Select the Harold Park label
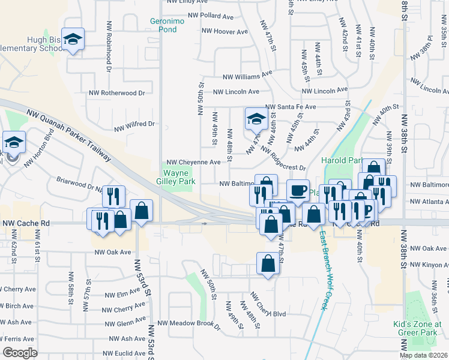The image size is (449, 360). (x=343, y=160)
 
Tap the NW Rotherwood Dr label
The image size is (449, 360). (x=117, y=93)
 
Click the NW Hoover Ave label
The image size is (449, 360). (x=224, y=31)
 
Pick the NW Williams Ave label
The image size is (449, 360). (x=247, y=76)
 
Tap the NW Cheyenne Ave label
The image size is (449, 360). (x=193, y=162)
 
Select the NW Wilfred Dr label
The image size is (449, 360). (x=134, y=125)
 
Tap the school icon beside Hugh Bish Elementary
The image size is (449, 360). (x=73, y=40)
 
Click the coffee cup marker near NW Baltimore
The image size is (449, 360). (x=298, y=190)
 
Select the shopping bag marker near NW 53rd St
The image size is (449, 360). (x=141, y=210)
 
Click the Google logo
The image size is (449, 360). (x=20, y=353)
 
